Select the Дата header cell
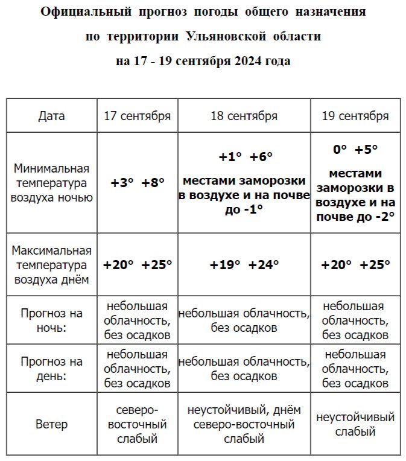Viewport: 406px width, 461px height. [x=51, y=115]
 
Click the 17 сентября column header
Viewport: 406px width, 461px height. [x=138, y=115]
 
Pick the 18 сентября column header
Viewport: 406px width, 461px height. [x=244, y=115]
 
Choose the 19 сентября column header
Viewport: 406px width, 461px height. [x=355, y=115]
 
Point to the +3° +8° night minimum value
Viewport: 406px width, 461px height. [x=138, y=182]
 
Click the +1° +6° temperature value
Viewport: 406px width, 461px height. [x=244, y=156]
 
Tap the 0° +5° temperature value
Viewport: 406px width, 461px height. [x=355, y=149]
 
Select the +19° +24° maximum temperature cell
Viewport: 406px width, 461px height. [x=244, y=264]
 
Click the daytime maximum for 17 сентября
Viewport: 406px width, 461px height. [x=138, y=264]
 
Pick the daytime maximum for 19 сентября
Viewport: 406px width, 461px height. [x=355, y=264]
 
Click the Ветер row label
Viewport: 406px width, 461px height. [x=51, y=425]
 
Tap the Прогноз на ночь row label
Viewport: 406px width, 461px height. [x=51, y=320]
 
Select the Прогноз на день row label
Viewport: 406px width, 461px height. [x=51, y=369]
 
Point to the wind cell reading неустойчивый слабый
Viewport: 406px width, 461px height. [x=355, y=424]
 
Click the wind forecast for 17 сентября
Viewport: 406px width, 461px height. [x=138, y=424]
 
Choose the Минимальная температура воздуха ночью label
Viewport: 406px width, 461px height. [x=51, y=182]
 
